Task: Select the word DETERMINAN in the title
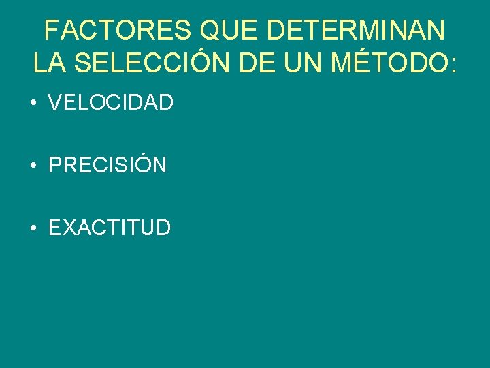[x=357, y=31]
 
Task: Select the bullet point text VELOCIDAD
[x=111, y=103]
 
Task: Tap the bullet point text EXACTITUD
[x=110, y=228]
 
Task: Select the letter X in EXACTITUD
[x=69, y=228]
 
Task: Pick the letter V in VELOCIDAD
[x=56, y=103]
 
